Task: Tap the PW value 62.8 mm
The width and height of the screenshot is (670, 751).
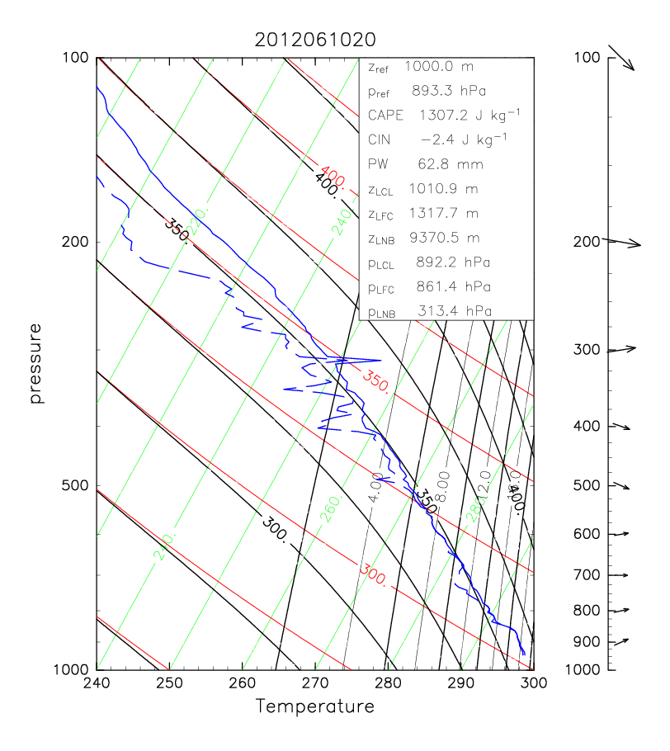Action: (438, 164)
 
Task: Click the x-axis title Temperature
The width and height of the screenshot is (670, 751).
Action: (314, 706)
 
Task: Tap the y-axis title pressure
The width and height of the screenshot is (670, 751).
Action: (35, 363)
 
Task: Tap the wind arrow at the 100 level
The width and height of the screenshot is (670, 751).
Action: (620, 58)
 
